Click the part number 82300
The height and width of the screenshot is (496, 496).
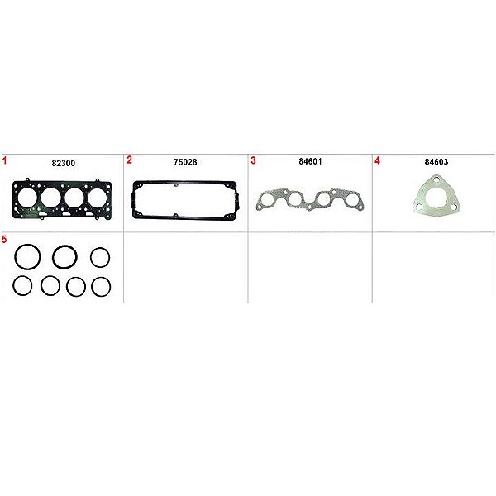64,163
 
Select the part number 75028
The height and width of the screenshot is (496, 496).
185,162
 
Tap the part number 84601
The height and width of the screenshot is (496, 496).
310,161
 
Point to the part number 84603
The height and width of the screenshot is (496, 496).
436,162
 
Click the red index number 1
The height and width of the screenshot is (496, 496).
4,160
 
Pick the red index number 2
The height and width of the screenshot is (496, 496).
129,160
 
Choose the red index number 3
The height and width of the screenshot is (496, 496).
253,160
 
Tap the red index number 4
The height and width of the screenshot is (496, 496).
377,160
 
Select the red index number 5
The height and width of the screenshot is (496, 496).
4,240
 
